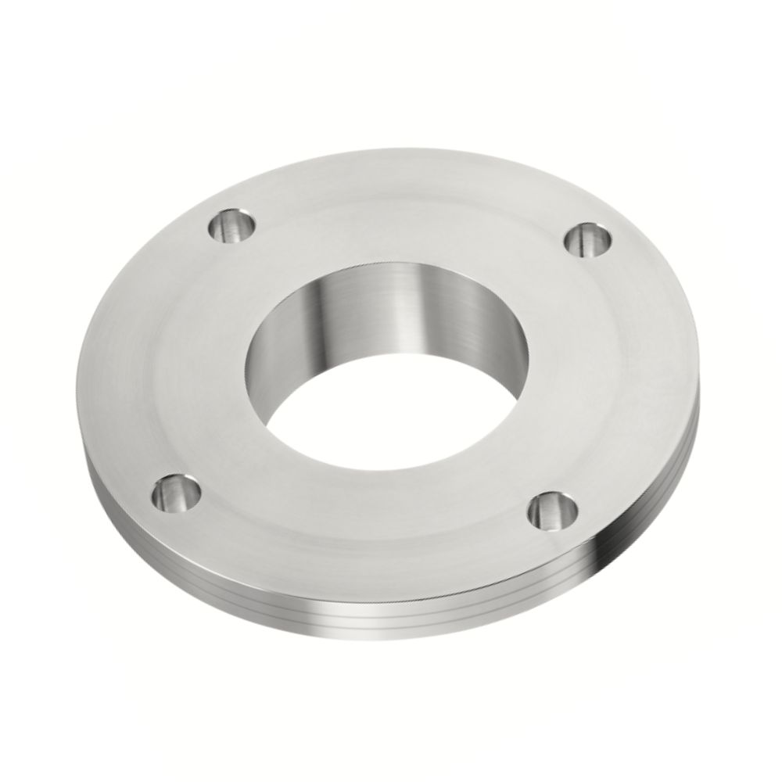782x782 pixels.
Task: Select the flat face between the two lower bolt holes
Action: click(x=360, y=532)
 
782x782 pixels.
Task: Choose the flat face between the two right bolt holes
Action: click(x=602, y=375)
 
